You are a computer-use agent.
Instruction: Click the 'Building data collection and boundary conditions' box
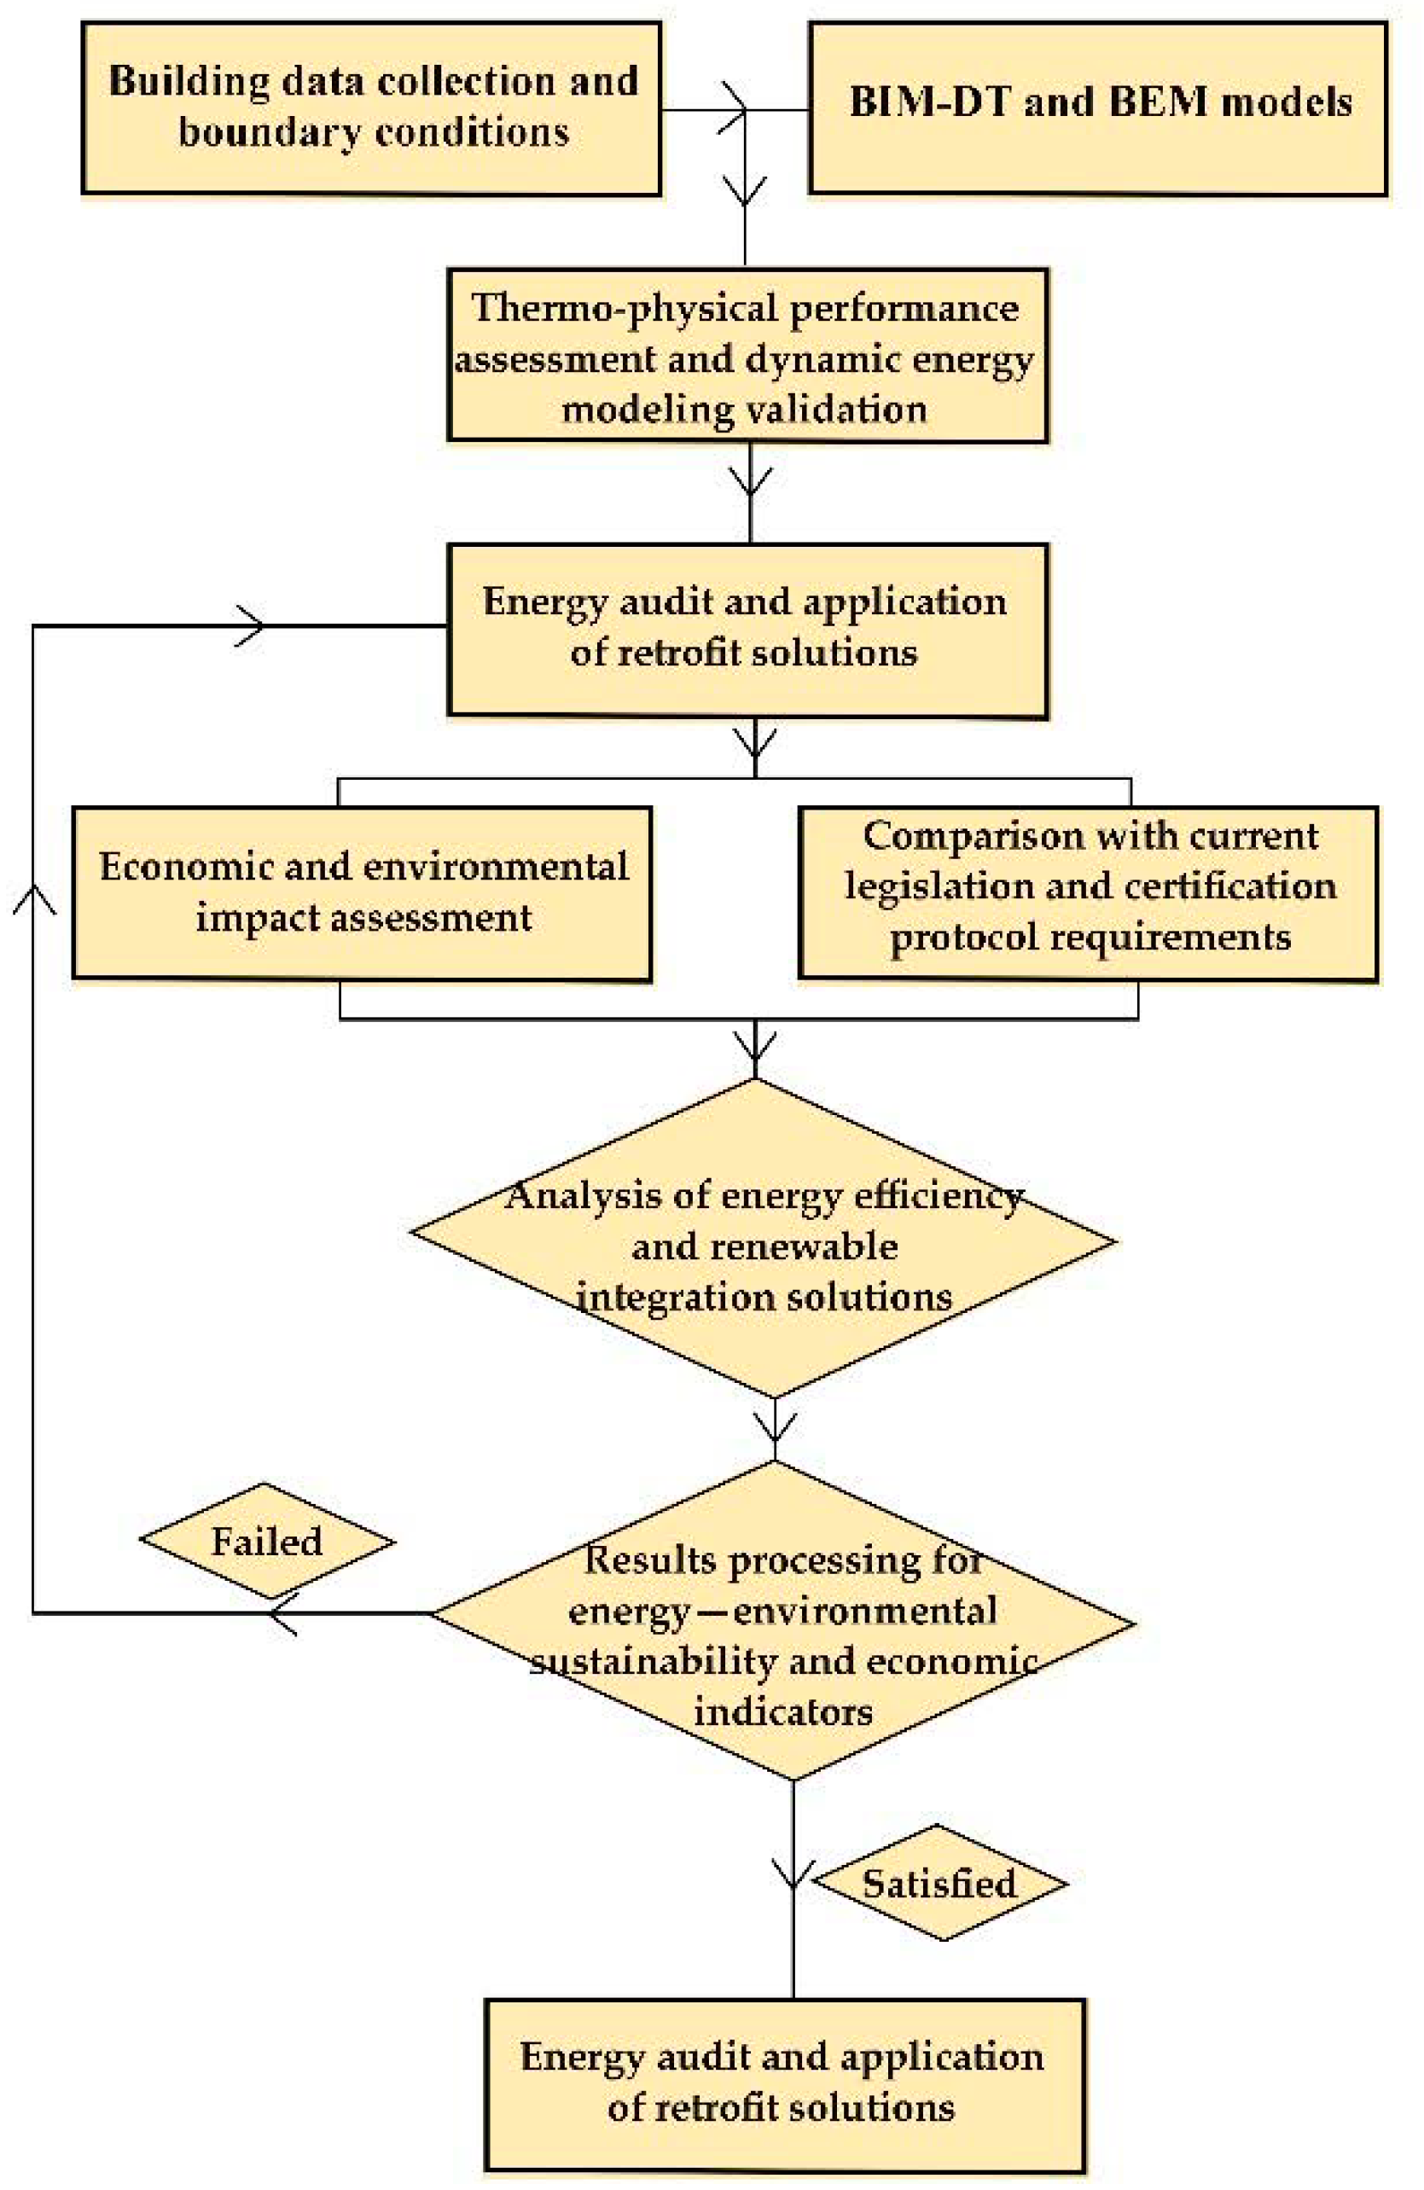pos(371,107)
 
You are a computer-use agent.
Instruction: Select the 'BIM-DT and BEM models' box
pos(1097,107)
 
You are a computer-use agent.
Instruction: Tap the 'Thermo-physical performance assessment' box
pos(747,355)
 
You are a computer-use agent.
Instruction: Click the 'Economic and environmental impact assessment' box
pos(362,893)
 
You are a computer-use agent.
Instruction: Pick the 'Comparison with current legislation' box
pos(1088,893)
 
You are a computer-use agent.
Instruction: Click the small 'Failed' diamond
pos(267,1542)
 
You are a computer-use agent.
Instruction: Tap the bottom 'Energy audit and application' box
pos(784,2084)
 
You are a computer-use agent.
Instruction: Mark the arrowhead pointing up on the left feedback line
pos(34,897)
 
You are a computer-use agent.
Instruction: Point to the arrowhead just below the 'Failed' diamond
pos(281,1613)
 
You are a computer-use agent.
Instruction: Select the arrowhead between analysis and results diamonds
pos(774,1427)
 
